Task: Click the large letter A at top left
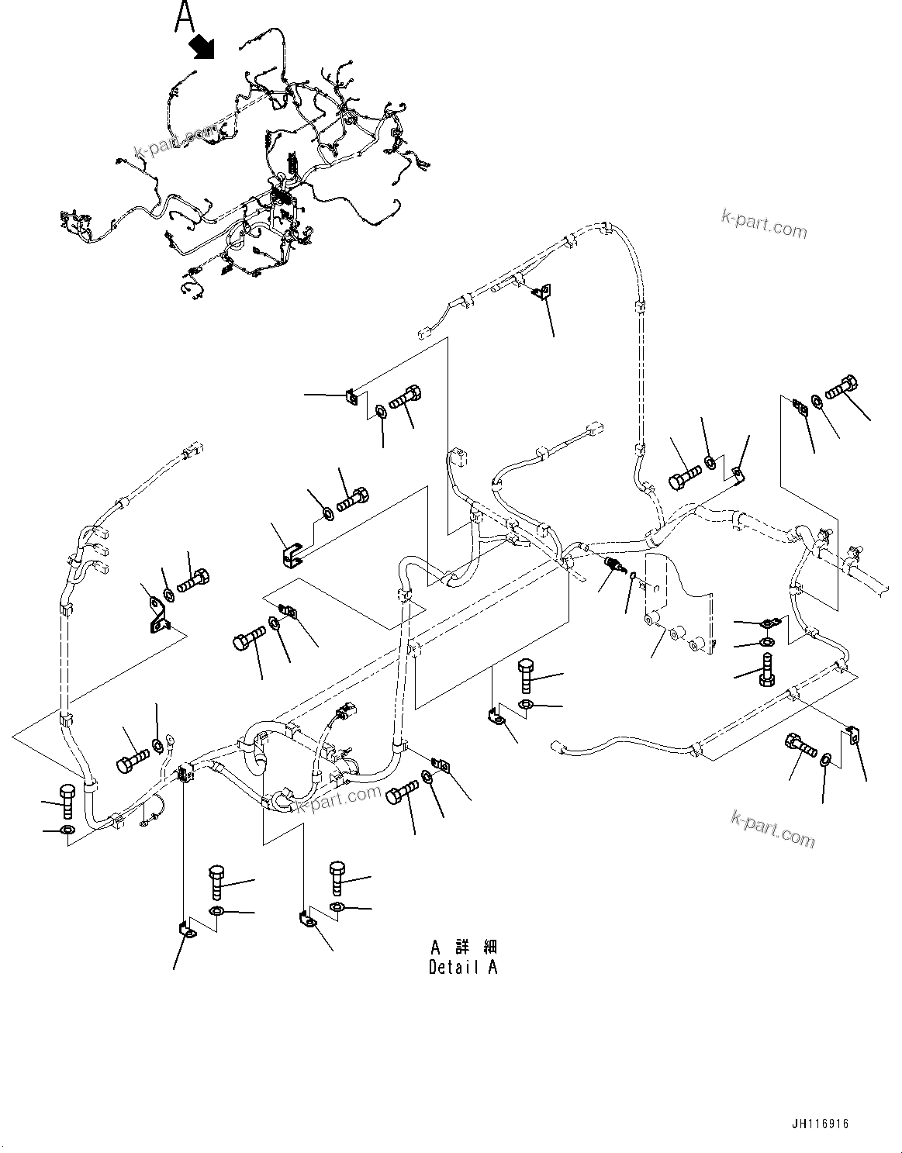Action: click(x=184, y=17)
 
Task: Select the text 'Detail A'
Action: click(x=463, y=967)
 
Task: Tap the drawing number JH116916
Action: click(x=821, y=1124)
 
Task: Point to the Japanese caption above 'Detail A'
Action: click(x=464, y=947)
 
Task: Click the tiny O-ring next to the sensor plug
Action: click(x=634, y=575)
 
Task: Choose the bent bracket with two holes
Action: click(x=157, y=613)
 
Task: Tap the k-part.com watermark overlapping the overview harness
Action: click(x=166, y=141)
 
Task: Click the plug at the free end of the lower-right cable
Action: click(x=556, y=747)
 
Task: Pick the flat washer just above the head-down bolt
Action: click(x=766, y=641)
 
